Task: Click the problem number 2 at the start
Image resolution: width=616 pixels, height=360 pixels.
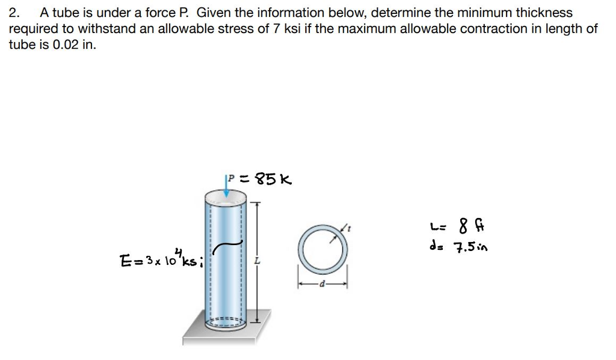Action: coord(14,12)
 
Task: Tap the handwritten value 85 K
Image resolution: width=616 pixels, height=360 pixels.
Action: coord(274,179)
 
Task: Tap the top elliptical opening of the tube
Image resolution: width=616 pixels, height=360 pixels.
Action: coord(225,197)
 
